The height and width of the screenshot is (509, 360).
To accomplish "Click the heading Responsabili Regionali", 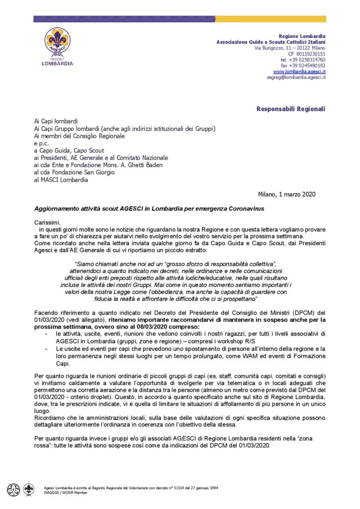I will click(x=291, y=108).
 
